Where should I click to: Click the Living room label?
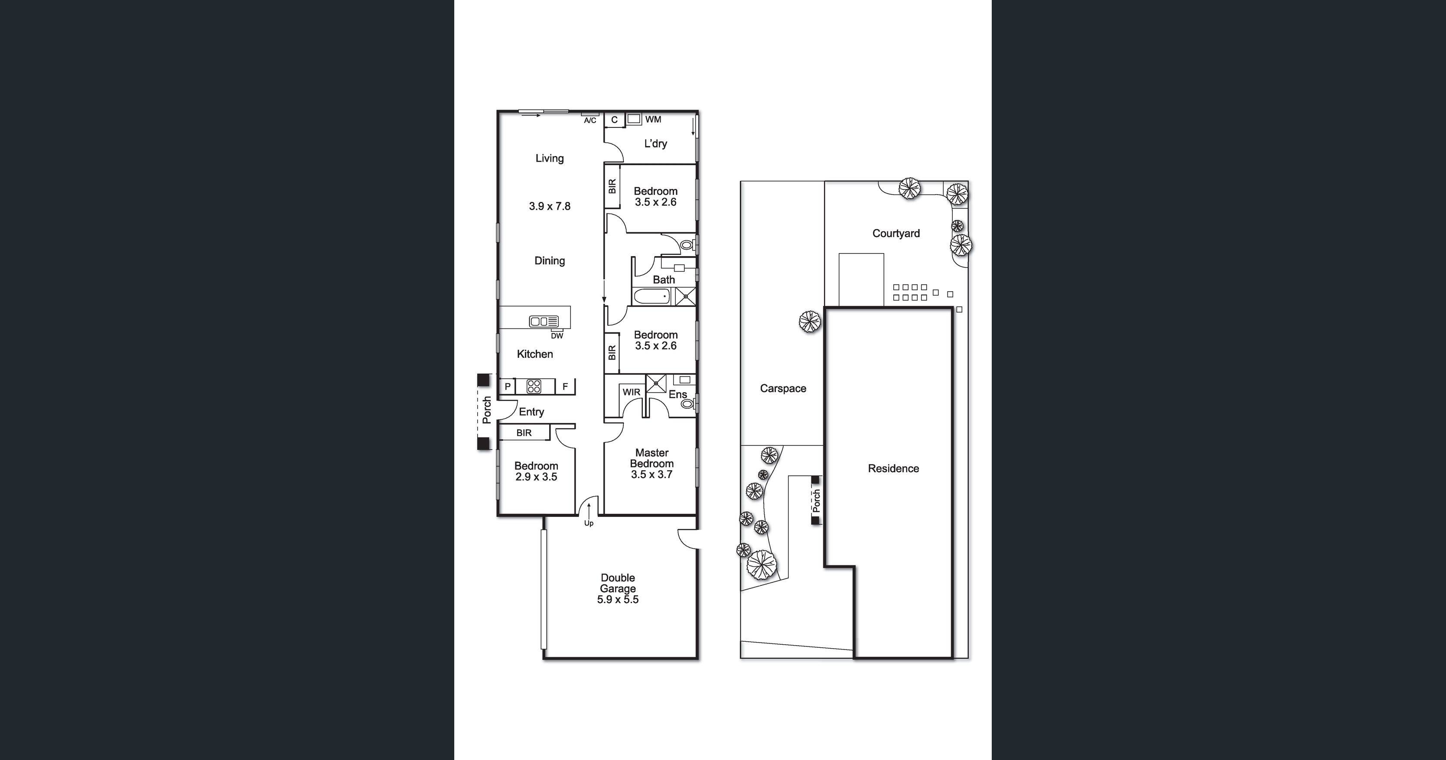pyautogui.click(x=549, y=158)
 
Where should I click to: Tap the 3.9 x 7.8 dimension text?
pyautogui.click(x=549, y=206)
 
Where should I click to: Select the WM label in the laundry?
pyautogui.click(x=653, y=120)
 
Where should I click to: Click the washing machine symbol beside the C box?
pyautogui.click(x=634, y=119)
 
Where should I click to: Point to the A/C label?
pyautogui.click(x=589, y=121)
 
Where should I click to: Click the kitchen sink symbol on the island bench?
pyautogui.click(x=544, y=322)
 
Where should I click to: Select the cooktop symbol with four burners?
pyautogui.click(x=533, y=386)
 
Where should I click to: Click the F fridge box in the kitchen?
pyautogui.click(x=565, y=386)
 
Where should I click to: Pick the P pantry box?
pyautogui.click(x=508, y=386)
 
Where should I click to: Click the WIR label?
pyautogui.click(x=631, y=392)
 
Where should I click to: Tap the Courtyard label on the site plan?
pyautogui.click(x=896, y=234)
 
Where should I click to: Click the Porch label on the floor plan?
pyautogui.click(x=487, y=410)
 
